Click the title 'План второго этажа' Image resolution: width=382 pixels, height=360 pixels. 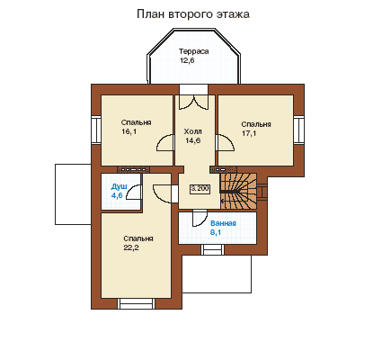[x=193, y=14]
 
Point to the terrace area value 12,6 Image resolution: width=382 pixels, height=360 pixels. [x=187, y=60]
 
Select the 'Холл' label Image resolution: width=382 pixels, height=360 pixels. [x=192, y=131]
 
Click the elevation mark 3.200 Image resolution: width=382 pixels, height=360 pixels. [x=200, y=189]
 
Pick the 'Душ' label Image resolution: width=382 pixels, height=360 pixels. [x=119, y=186]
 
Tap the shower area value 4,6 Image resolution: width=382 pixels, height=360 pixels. [x=117, y=195]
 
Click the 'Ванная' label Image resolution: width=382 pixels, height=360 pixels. [x=223, y=223]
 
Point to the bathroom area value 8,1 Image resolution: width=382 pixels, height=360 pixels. [x=216, y=232]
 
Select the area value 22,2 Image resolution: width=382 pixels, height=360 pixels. [x=131, y=247]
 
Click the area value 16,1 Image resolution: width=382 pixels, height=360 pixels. [x=129, y=131]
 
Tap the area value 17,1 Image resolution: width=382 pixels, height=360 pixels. [x=249, y=133]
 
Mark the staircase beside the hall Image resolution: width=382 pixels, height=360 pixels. [x=239, y=191]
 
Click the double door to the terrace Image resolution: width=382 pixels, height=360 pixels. [x=193, y=102]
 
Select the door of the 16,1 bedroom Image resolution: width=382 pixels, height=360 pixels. [x=165, y=143]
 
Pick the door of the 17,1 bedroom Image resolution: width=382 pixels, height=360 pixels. [x=225, y=143]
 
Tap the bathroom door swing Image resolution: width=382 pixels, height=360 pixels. [x=200, y=218]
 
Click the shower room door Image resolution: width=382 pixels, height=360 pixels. [x=134, y=192]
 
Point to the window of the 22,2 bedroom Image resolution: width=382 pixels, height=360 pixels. [x=137, y=303]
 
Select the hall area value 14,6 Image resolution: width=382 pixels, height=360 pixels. [x=192, y=140]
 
